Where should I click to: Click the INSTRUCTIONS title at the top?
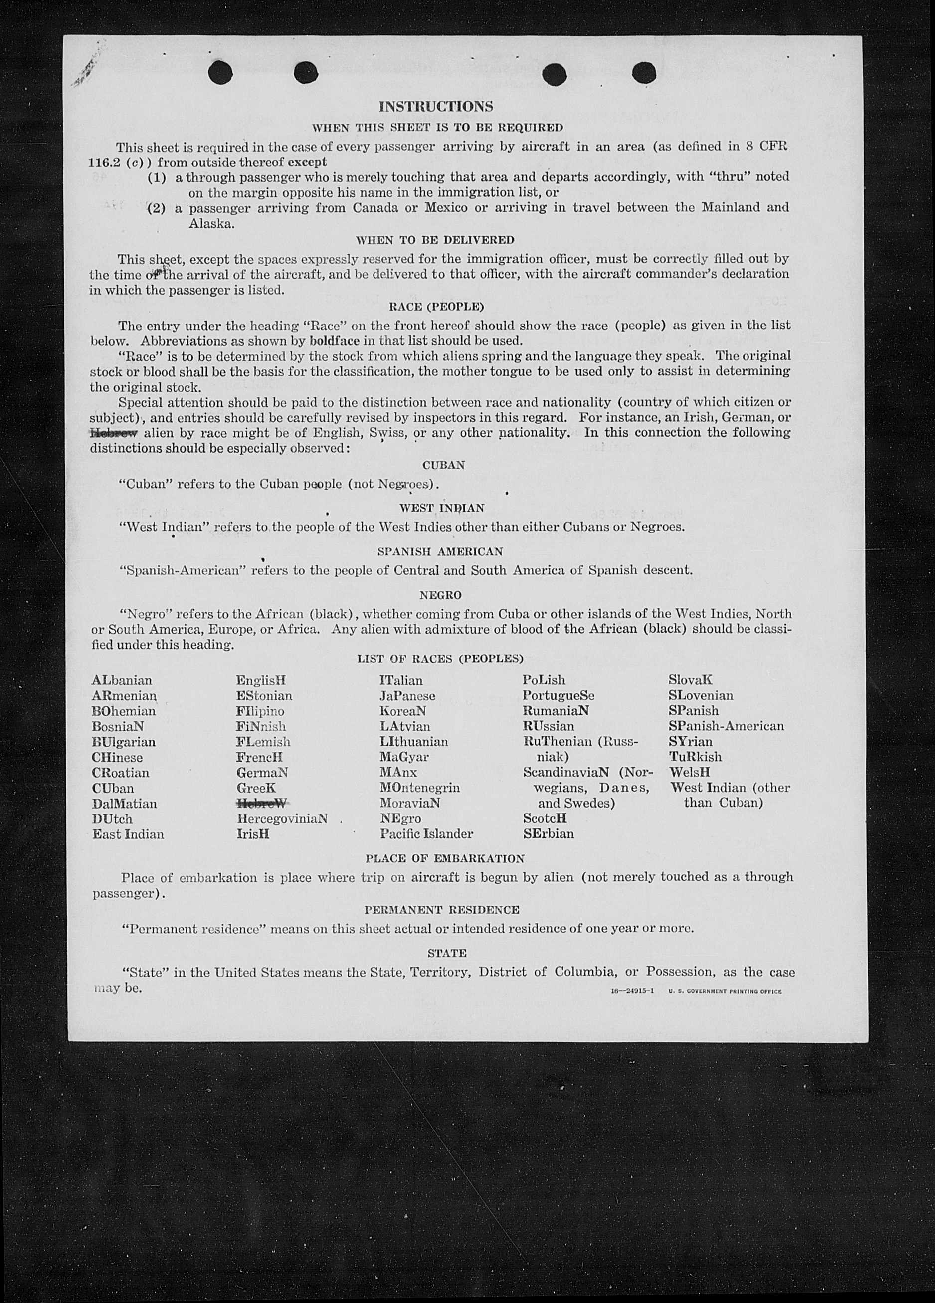click(x=436, y=107)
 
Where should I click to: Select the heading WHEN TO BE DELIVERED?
click(x=435, y=240)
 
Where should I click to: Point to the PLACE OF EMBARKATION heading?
click(x=445, y=859)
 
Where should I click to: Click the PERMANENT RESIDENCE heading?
click(x=441, y=910)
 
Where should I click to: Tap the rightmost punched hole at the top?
click(x=644, y=73)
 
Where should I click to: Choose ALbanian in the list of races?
click(x=122, y=681)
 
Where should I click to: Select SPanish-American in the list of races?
click(x=726, y=726)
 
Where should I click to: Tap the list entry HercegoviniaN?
click(x=282, y=818)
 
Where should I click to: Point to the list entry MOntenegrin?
click(x=419, y=788)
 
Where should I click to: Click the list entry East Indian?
click(x=128, y=834)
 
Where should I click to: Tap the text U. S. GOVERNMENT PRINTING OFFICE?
click(x=725, y=991)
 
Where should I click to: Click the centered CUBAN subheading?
click(x=443, y=465)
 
